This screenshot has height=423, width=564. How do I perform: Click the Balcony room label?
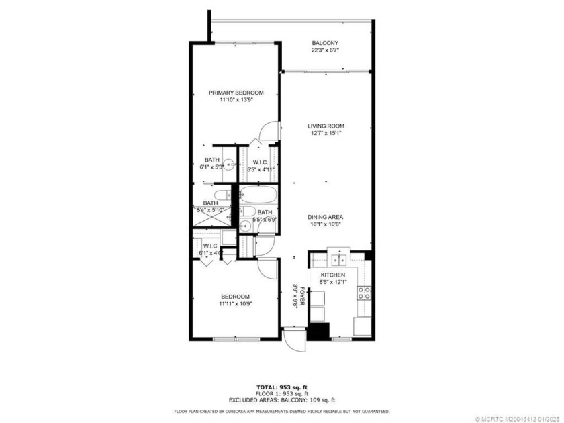click(x=325, y=43)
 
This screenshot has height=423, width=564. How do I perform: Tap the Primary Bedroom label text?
click(x=236, y=93)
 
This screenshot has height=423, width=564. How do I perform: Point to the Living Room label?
click(x=326, y=126)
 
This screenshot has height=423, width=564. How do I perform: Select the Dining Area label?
click(x=326, y=217)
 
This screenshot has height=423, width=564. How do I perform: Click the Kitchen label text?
click(x=332, y=275)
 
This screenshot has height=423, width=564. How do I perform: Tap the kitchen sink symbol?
click(x=337, y=259)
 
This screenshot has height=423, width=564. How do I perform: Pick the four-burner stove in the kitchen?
click(x=365, y=292)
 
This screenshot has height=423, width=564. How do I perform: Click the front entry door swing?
click(x=293, y=340)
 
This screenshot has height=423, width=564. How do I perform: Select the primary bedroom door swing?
click(x=269, y=131)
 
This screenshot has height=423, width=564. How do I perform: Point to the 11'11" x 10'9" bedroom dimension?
click(x=235, y=303)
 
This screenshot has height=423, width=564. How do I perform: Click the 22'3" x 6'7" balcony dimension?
click(x=325, y=50)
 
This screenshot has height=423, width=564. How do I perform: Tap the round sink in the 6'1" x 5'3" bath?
click(x=229, y=163)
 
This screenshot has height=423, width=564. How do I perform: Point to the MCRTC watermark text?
click(x=517, y=418)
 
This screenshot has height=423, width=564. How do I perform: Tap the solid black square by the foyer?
click(x=319, y=332)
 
